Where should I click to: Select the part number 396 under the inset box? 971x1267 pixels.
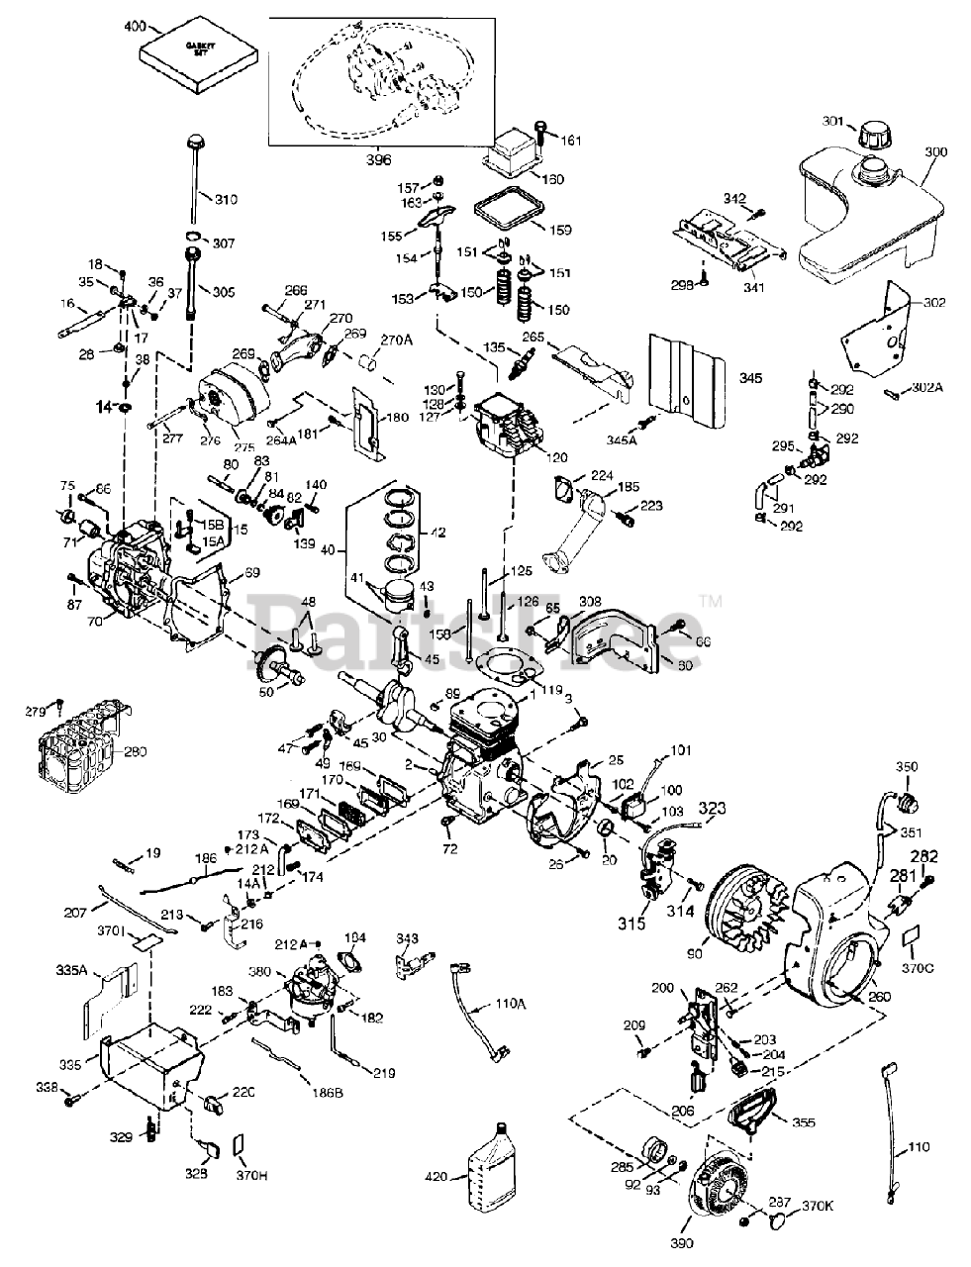tap(379, 157)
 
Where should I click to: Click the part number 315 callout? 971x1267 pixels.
tap(632, 923)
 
